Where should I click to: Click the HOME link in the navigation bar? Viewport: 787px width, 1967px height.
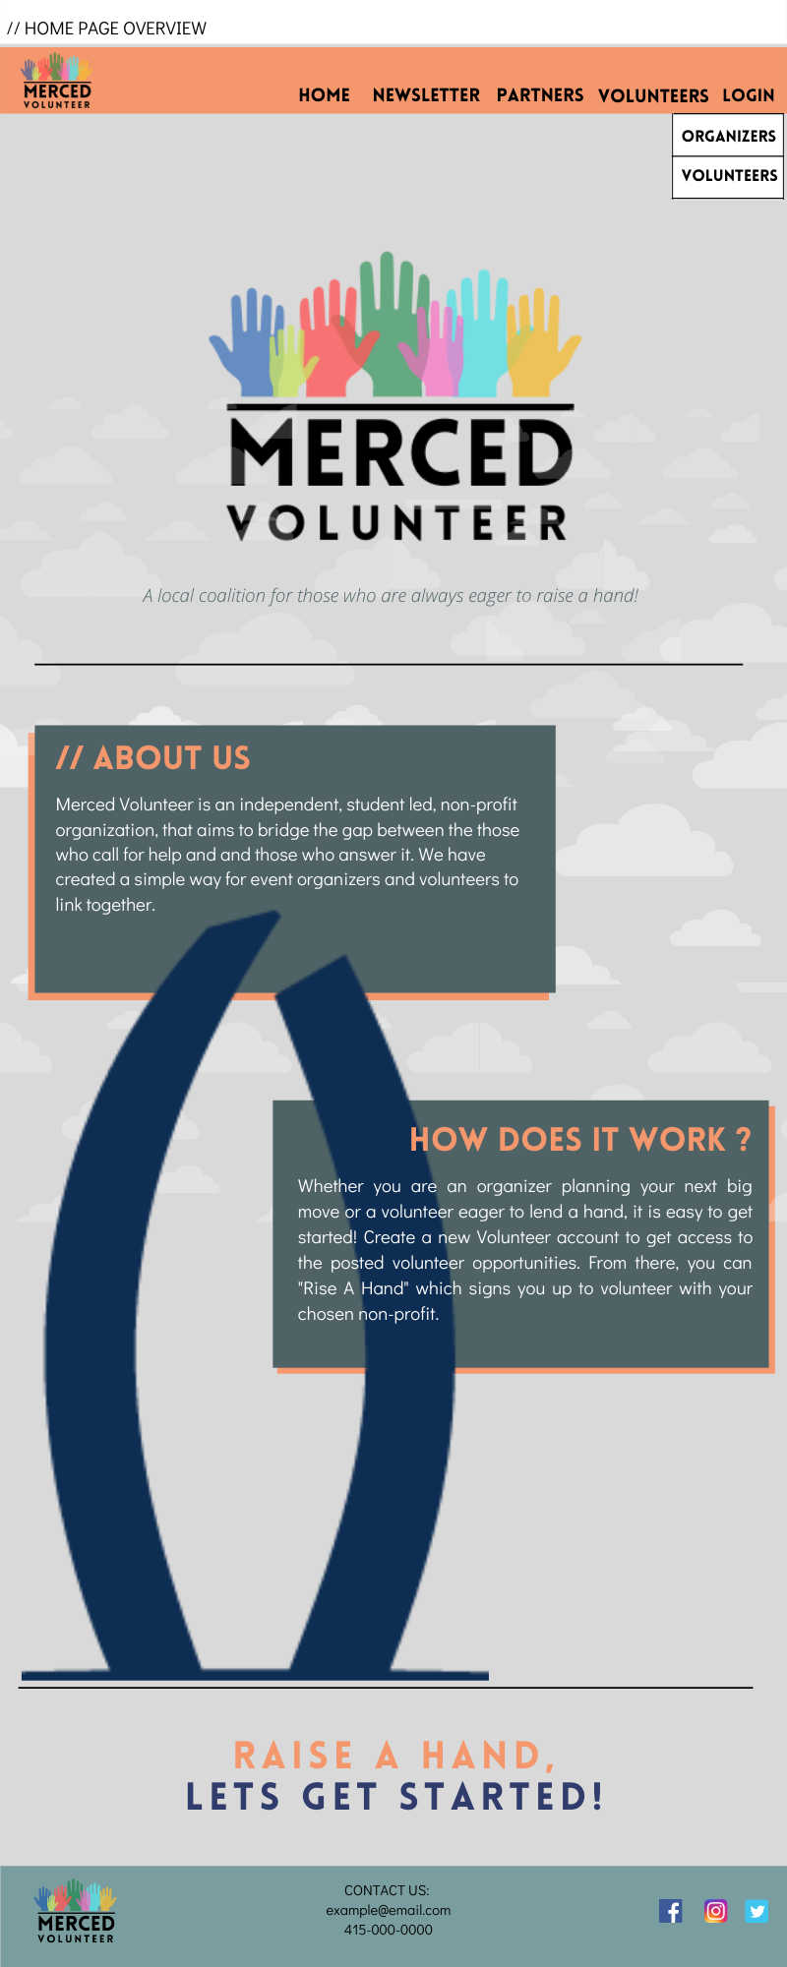324,95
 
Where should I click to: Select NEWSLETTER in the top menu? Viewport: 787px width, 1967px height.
426,95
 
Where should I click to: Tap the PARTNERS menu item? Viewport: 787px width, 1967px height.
539,95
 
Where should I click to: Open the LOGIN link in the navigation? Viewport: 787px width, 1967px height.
748,95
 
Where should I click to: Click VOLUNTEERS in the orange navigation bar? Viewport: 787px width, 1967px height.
652,95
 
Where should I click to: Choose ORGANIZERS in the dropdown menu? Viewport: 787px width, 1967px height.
728,136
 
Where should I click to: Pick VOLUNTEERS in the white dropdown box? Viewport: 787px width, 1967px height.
728,175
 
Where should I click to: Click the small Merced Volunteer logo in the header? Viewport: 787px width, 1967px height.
57,83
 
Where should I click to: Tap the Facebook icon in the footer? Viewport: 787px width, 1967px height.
671,1911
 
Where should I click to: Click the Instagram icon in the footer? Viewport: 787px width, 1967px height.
715,1911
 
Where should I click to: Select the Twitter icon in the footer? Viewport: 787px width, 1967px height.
757,1911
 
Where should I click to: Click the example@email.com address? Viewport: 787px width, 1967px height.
389,1910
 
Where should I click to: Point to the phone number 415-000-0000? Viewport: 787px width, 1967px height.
389,1930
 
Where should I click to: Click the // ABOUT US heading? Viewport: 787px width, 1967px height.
153,757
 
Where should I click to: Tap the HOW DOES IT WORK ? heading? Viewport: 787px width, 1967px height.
580,1139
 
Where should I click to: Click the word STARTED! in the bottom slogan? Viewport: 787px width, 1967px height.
501,1797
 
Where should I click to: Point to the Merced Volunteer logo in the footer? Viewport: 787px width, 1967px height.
76,1913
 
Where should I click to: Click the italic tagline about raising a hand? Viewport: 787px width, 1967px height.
391,595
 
